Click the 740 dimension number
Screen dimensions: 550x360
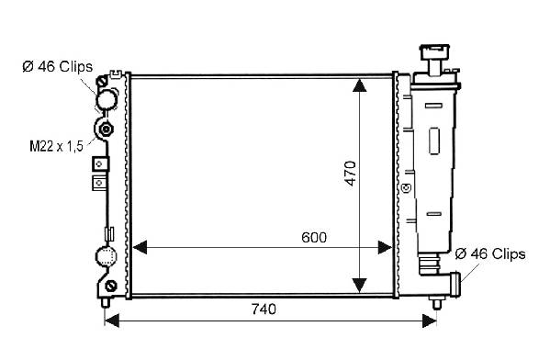coord(264,309)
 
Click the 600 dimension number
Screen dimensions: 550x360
coord(314,238)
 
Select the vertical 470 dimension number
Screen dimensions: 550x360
coord(350,174)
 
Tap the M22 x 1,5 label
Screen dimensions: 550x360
coord(57,146)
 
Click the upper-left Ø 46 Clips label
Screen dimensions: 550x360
coord(58,66)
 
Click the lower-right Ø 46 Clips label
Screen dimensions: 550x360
coord(490,253)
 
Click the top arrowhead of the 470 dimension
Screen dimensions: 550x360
coord(359,85)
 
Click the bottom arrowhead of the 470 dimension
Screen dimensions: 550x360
coord(359,286)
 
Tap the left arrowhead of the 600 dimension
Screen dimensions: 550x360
coord(140,247)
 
